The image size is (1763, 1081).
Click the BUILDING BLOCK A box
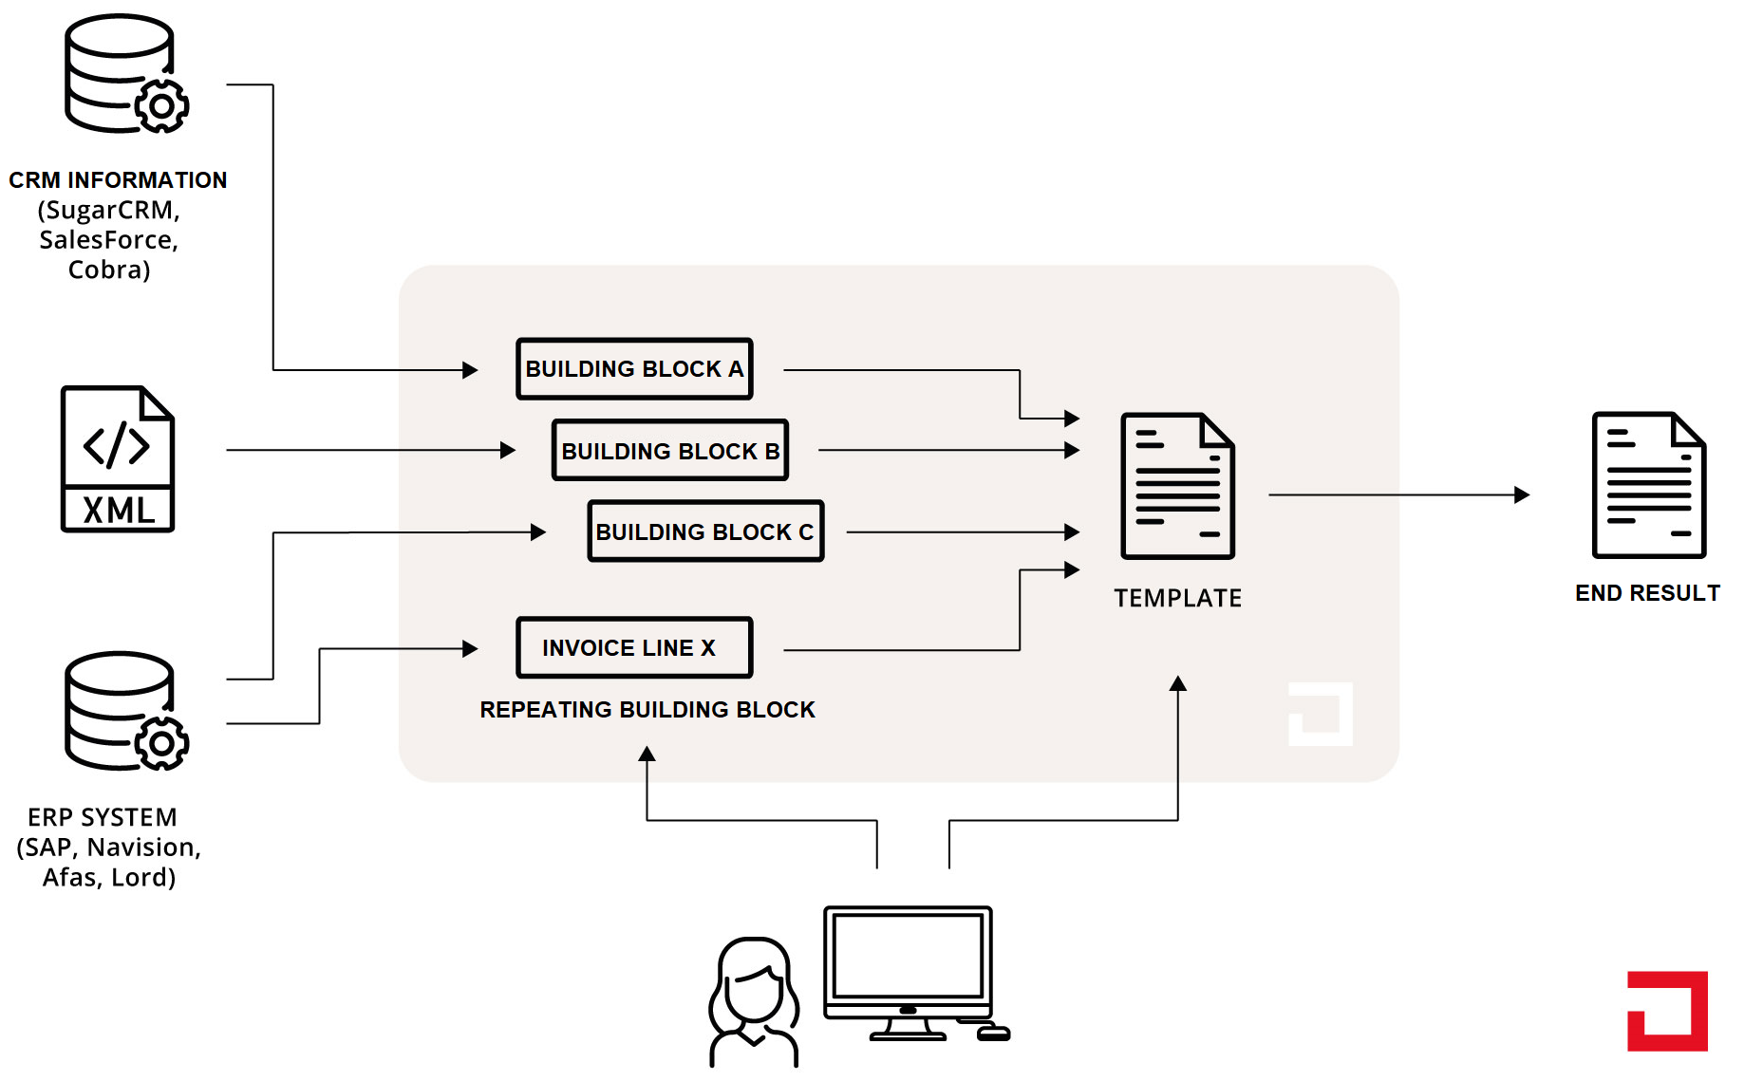(x=634, y=369)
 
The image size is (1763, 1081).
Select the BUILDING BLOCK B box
(x=669, y=451)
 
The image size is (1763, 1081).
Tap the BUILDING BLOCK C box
(x=705, y=531)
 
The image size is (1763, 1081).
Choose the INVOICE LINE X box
(x=634, y=648)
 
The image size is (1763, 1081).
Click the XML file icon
(x=118, y=459)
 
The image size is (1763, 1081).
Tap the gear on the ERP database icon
(x=161, y=743)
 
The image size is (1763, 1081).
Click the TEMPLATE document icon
(x=1177, y=486)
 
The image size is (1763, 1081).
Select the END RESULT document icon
(x=1648, y=485)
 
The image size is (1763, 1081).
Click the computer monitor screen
(x=908, y=955)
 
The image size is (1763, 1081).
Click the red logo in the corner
(x=1667, y=1011)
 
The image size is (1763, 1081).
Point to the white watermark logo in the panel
(x=1321, y=714)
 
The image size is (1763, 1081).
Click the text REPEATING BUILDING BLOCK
(x=647, y=710)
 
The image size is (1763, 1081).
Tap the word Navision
(x=143, y=848)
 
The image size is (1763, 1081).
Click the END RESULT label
(x=1647, y=593)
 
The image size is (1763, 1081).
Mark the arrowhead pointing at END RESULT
(x=1522, y=494)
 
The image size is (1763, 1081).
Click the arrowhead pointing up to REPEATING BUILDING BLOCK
(x=647, y=754)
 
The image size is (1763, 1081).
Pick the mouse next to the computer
(x=994, y=1033)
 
